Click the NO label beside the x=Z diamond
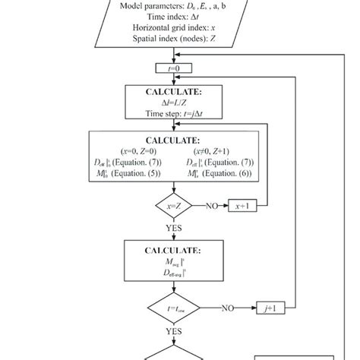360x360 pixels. pyautogui.click(x=213, y=206)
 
